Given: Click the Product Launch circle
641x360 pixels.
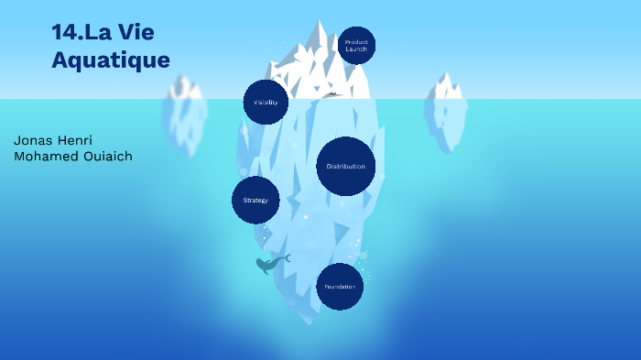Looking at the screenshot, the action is coord(356,45).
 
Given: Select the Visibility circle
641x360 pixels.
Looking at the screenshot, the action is coord(266,102).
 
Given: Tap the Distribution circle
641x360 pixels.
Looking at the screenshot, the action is coord(345,167).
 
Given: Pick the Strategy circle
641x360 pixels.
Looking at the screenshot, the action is coord(255,200).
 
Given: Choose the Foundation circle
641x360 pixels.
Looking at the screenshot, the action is coord(340,287).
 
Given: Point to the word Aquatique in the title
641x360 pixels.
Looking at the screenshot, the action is coord(111,60).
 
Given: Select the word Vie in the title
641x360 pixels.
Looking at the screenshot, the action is coord(136,34).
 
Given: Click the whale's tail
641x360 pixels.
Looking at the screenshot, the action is coord(286,257).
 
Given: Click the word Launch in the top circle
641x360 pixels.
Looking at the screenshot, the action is coord(356,49).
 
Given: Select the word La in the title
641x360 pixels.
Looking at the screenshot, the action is coord(103,34).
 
